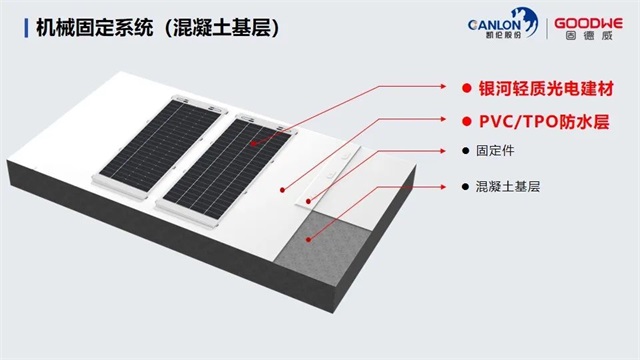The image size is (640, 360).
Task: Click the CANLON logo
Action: (503, 24)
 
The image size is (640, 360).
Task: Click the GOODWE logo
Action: (588, 29)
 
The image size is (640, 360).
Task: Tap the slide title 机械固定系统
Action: (95, 28)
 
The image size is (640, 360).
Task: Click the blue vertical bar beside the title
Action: (26, 28)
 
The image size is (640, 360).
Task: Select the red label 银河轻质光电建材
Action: (546, 89)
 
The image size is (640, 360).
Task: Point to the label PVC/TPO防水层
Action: (544, 121)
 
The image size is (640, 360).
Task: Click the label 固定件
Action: (495, 151)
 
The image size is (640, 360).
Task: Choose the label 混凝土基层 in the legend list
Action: (508, 187)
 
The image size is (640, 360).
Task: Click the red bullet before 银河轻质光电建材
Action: (467, 88)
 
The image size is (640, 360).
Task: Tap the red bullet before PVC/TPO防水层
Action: (467, 121)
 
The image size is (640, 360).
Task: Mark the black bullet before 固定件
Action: (465, 151)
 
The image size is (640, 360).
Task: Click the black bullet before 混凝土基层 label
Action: (465, 187)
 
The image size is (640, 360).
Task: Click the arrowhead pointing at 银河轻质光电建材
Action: (443, 86)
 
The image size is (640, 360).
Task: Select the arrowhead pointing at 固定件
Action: (443, 151)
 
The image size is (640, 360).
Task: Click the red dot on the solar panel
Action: (253, 144)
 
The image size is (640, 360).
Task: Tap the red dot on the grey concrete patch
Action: (309, 240)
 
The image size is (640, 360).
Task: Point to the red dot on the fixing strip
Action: (308, 201)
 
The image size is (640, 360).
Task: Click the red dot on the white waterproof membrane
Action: (282, 190)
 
